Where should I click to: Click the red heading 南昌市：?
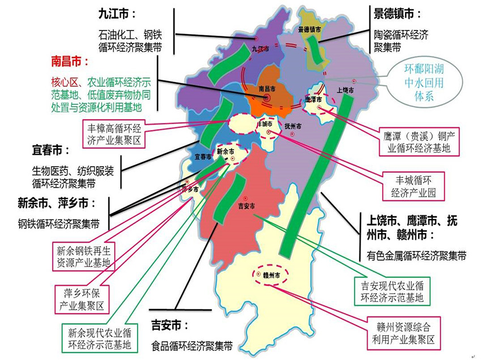tap(70, 60)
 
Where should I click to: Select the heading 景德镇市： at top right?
tap(398, 14)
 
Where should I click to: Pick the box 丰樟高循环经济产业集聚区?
tap(115, 132)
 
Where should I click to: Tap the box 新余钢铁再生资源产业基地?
tap(83, 256)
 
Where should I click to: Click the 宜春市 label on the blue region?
tap(203, 156)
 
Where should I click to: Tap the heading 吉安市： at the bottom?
tap(170, 325)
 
